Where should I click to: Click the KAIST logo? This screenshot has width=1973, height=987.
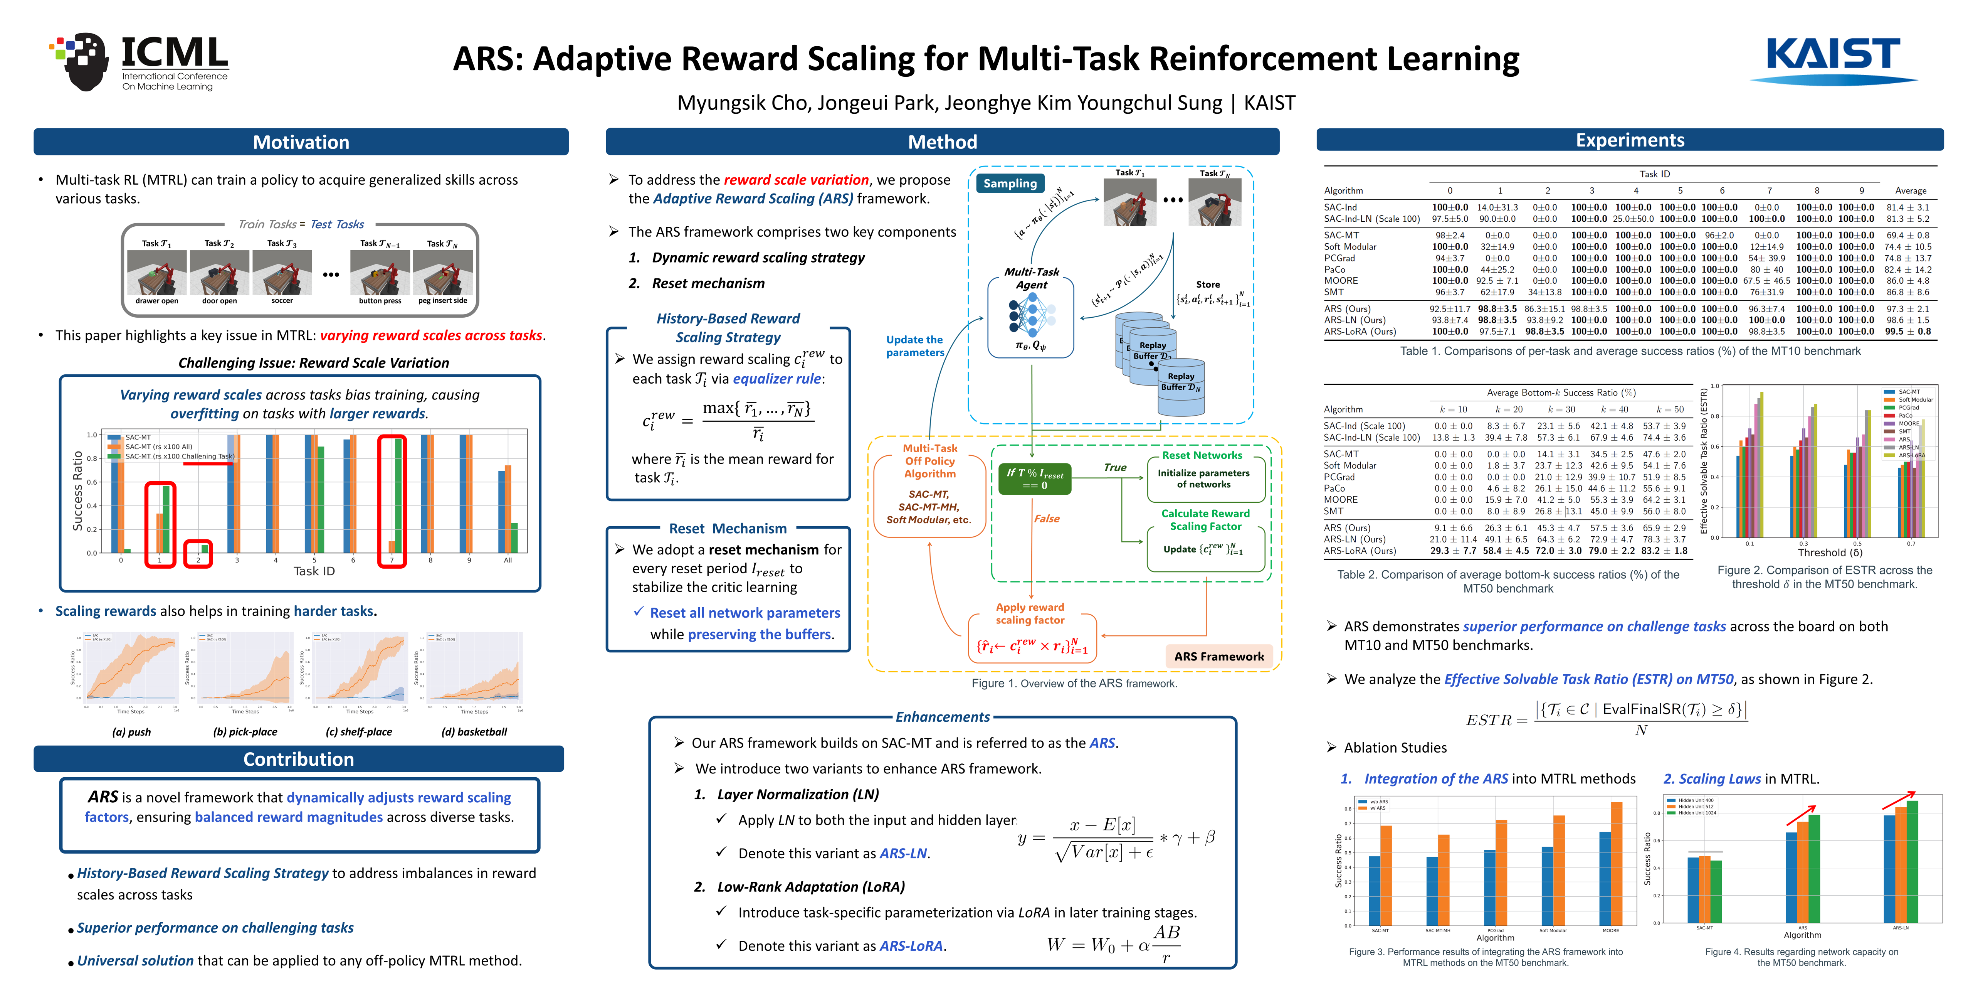point(1833,60)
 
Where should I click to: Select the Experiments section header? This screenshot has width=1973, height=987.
point(1629,140)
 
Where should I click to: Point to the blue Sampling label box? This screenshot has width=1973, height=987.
point(1010,183)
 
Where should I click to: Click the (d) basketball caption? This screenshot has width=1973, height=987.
point(474,732)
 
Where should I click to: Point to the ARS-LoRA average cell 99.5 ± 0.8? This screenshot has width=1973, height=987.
point(1912,332)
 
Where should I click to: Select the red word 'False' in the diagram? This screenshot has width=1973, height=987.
point(1046,519)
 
